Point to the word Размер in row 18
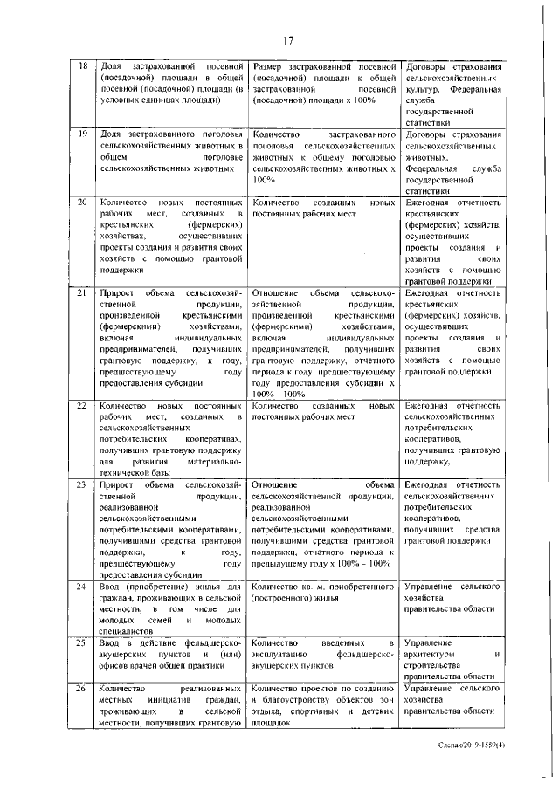266,67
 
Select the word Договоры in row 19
429,135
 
